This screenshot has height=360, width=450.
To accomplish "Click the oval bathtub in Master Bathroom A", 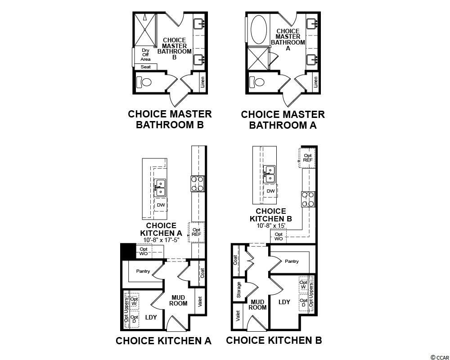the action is click(x=259, y=30).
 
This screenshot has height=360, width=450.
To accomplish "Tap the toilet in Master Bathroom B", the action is click(x=144, y=82).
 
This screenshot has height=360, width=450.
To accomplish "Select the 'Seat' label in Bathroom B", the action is click(x=145, y=67).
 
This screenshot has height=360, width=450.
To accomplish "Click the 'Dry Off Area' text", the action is click(x=145, y=55).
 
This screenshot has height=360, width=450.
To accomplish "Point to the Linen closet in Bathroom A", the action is click(x=316, y=82).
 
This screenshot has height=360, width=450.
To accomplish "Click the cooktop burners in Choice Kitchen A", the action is click(x=197, y=184).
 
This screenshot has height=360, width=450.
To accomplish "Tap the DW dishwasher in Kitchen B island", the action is click(x=270, y=191).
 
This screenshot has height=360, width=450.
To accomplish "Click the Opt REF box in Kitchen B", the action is click(x=307, y=158).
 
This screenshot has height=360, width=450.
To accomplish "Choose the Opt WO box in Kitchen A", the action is click(x=144, y=252).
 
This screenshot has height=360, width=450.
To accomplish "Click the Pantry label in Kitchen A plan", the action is click(x=143, y=271).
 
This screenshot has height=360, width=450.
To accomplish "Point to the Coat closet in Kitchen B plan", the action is click(x=236, y=260).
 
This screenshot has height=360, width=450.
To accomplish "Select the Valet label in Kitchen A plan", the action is click(x=200, y=301).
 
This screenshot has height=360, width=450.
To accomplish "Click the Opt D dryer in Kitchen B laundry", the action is click(x=303, y=302).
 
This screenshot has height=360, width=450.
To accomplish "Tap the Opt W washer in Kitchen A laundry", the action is click(x=134, y=301).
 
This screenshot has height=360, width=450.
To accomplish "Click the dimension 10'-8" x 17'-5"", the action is click(x=161, y=240).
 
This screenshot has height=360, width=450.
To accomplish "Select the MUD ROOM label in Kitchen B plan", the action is click(x=257, y=305).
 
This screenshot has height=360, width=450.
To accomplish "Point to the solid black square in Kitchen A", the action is click(x=128, y=251).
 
